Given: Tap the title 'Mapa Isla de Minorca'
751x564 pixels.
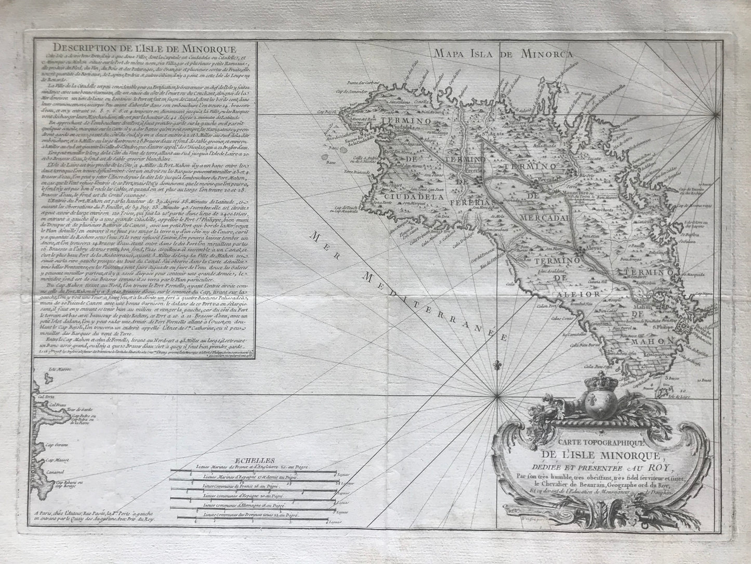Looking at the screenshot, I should [504, 54].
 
